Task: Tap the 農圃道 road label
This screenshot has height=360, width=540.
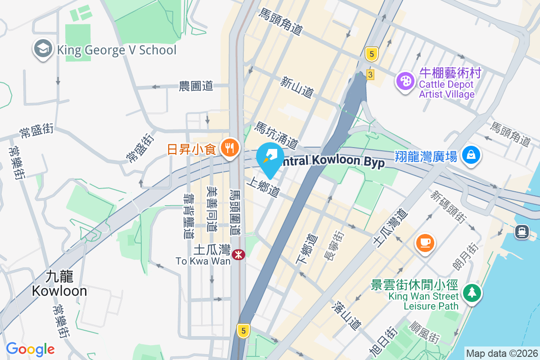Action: click(196, 86)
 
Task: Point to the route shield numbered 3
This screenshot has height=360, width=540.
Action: click(370, 75)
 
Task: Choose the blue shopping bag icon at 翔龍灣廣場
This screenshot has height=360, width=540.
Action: click(471, 155)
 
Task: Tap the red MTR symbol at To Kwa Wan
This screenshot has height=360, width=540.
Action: click(238, 255)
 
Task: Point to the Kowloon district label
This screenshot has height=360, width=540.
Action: click(59, 283)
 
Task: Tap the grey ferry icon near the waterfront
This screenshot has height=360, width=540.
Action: click(522, 231)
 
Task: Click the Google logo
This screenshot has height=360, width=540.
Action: click(30, 349)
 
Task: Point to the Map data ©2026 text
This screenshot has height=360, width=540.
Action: click(501, 353)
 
